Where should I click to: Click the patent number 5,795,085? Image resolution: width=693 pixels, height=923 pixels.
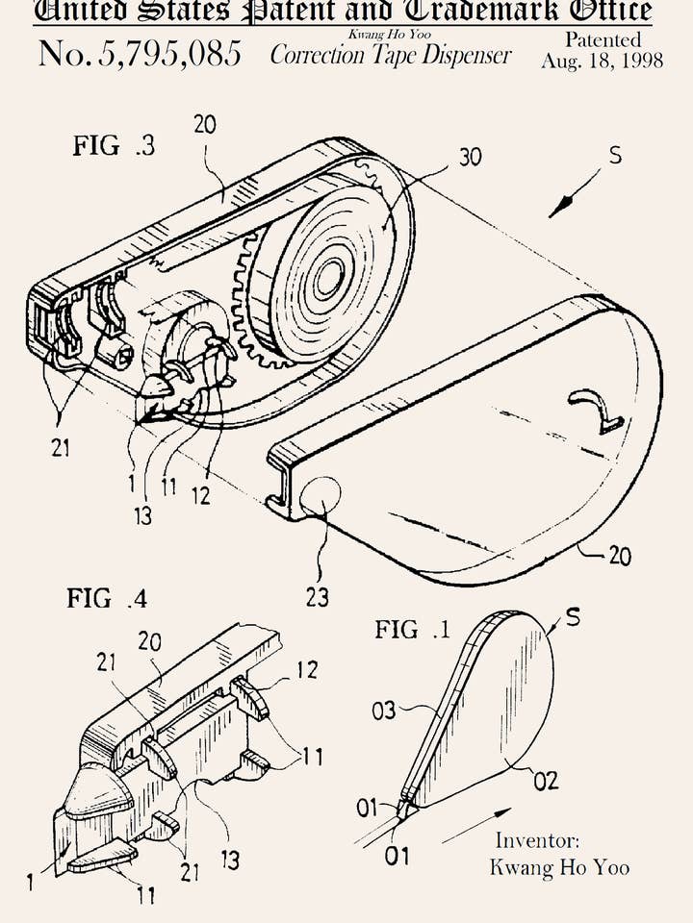pos(140,54)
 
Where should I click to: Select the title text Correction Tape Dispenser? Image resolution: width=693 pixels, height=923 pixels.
pos(390,55)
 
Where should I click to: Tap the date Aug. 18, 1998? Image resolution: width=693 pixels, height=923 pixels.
pos(602,61)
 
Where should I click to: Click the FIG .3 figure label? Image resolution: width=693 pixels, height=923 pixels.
pos(114,147)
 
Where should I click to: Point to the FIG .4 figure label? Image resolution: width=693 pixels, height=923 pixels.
pos(107,598)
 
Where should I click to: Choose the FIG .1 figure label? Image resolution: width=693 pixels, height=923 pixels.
pos(412,631)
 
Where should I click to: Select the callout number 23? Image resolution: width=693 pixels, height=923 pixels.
pos(318,598)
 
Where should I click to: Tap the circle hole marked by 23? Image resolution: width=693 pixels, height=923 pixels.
pos(321,496)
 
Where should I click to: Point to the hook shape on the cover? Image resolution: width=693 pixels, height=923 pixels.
pos(598,411)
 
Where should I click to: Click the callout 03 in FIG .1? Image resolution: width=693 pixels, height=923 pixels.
pos(383,711)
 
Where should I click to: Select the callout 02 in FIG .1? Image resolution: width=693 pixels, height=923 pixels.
pos(546,780)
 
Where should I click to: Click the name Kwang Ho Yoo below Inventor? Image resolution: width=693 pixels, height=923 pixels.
pos(559,867)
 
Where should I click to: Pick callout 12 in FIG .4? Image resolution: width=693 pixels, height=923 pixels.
pos(305,671)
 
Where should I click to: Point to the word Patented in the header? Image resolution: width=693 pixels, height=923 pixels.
pos(603,39)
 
